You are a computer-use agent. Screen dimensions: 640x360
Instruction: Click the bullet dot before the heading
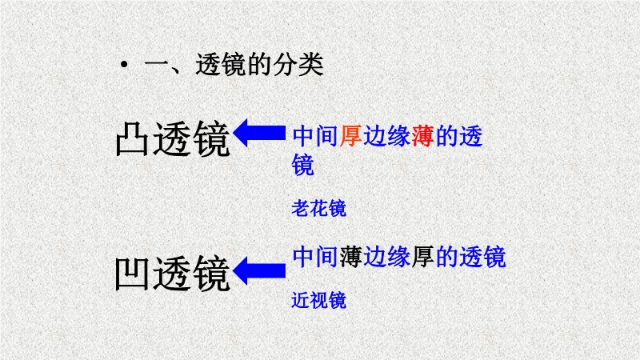point(124,64)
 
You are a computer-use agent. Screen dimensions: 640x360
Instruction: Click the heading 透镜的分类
point(259,65)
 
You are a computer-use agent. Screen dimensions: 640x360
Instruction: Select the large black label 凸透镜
point(173,138)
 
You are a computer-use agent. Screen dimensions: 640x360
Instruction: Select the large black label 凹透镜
point(173,274)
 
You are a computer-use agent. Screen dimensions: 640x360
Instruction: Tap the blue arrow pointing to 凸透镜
point(259,133)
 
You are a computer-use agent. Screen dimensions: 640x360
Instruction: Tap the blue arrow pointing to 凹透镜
point(259,270)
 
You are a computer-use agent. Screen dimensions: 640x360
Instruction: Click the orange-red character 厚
point(350,136)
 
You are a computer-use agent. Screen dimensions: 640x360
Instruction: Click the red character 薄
point(423,136)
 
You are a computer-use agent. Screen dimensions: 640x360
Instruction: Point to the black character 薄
point(350,257)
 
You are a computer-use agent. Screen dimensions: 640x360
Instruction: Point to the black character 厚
point(423,257)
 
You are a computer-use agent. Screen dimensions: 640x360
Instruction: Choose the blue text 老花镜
point(318,209)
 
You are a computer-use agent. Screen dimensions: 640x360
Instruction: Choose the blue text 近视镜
point(318,301)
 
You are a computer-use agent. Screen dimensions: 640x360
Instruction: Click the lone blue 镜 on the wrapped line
point(303,165)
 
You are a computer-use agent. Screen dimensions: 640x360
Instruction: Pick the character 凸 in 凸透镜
point(132,138)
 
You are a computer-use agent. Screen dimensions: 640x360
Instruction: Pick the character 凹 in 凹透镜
point(132,274)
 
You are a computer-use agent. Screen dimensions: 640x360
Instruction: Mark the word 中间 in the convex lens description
point(315,136)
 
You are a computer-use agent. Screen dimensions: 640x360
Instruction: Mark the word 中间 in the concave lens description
point(315,257)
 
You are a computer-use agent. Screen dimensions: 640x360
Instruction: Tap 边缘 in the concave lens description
point(387,257)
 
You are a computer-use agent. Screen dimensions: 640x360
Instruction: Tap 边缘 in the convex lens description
point(387,136)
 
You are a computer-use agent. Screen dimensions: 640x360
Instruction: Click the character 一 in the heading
point(156,66)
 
